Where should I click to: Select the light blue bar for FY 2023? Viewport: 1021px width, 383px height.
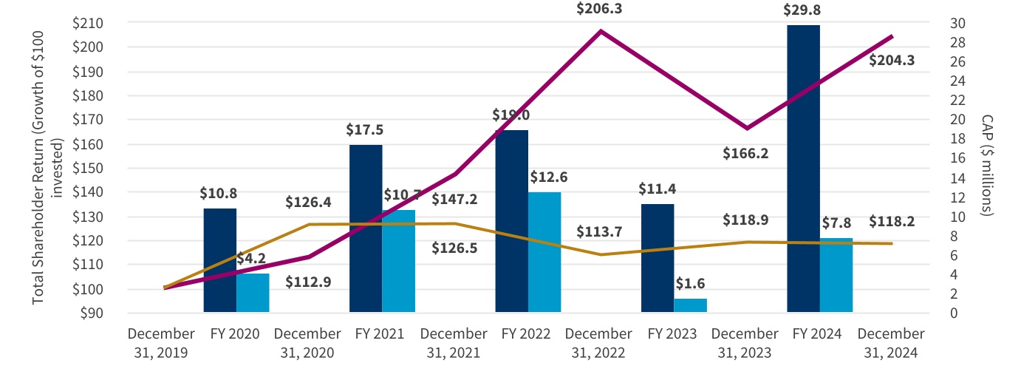690,305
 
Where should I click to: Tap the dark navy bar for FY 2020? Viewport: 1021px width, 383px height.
219,260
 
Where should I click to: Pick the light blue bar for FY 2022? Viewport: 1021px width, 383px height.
544,252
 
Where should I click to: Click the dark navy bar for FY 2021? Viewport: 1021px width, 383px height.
366,228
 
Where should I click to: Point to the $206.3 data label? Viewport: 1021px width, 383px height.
600,10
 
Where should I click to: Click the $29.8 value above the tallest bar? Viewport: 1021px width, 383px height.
803,10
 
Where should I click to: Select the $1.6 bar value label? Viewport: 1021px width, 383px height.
690,284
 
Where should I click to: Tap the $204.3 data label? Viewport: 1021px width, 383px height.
892,61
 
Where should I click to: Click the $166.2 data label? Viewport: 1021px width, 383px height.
747,154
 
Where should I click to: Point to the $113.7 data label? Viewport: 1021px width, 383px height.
599,231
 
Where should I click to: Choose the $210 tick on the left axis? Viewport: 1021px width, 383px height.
87,23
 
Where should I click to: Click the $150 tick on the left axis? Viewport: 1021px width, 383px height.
87,168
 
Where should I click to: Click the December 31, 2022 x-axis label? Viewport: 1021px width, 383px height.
599,343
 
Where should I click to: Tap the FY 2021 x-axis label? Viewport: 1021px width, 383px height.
380,334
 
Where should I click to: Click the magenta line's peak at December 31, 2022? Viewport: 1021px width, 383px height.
600,31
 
